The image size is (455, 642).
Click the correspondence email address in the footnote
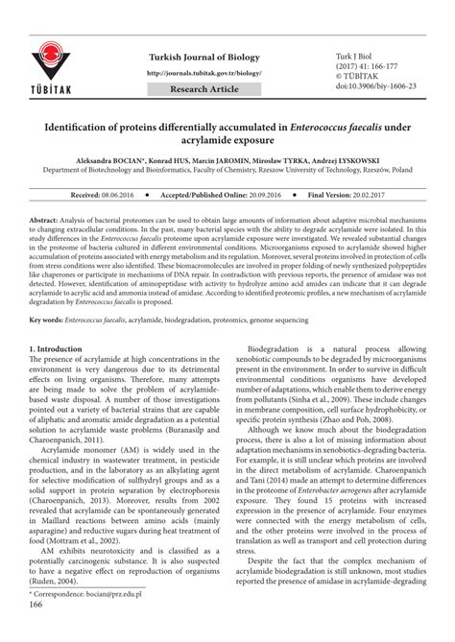coord(108,620)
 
